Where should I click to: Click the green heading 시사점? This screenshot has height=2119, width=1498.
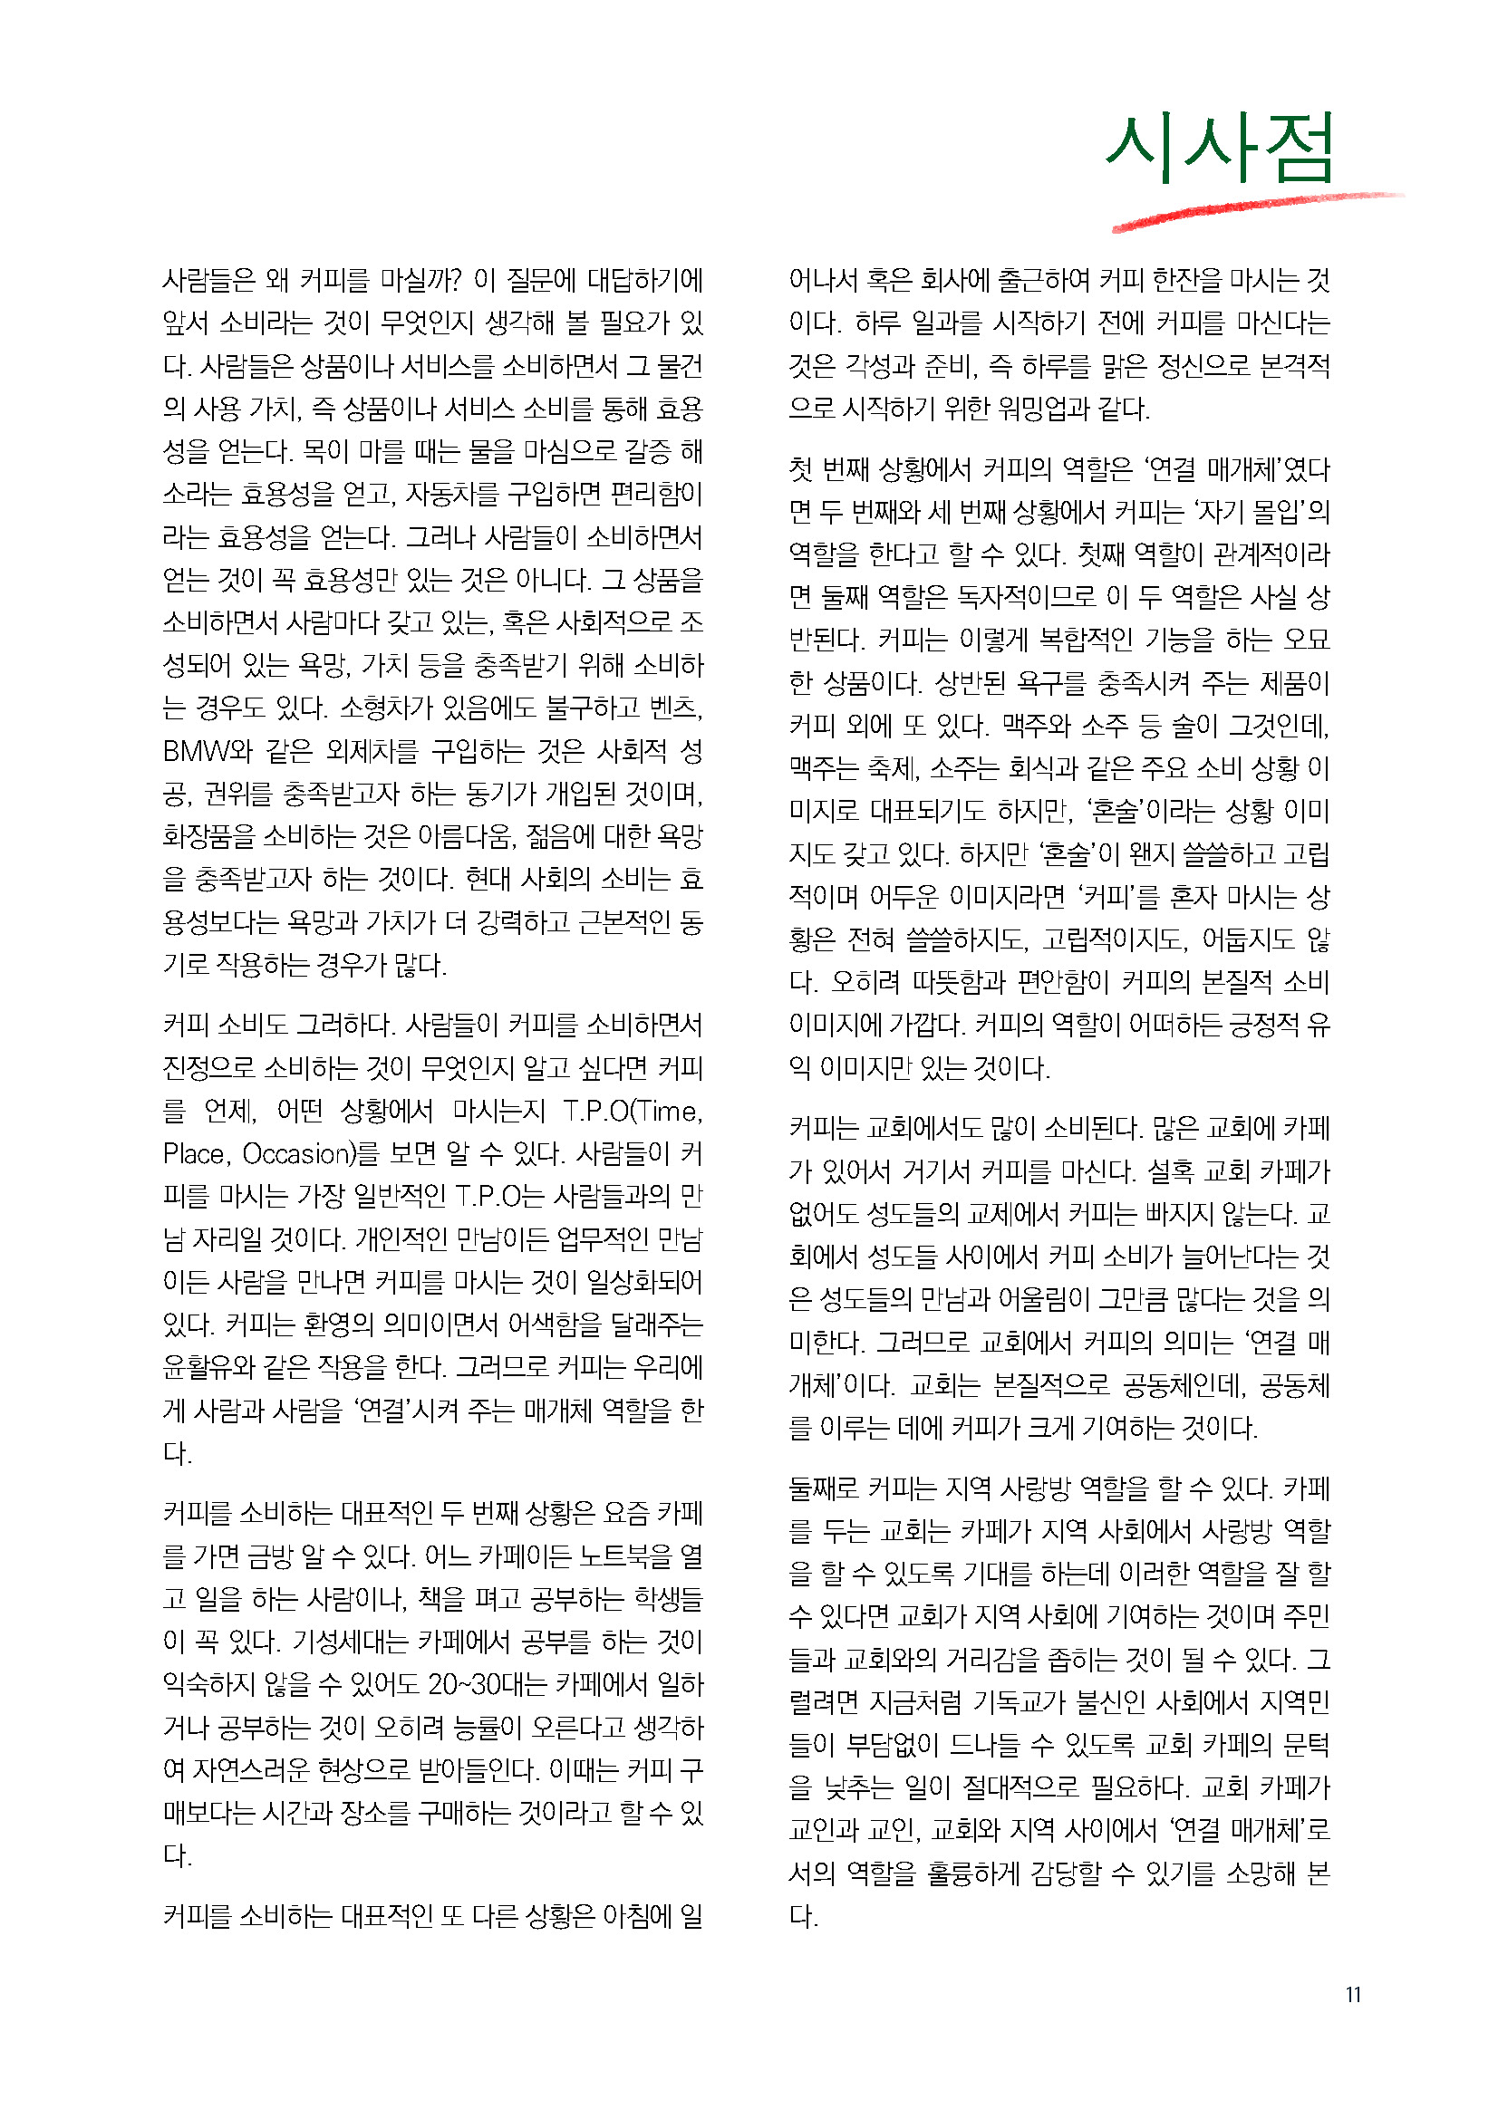(x=1219, y=148)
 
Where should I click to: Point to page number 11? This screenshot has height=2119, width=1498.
(x=1353, y=1994)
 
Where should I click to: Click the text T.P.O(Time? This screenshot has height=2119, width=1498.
(x=633, y=1112)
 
